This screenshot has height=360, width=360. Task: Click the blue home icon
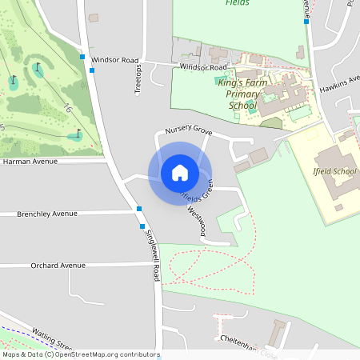(180, 173)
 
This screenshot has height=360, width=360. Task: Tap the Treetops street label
(138, 79)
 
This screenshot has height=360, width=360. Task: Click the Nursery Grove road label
(188, 130)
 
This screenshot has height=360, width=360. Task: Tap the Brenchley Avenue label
(48, 214)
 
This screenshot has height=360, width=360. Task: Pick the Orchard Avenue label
(58, 265)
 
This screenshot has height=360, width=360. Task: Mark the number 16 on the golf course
(67, 107)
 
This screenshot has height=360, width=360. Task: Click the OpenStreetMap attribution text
(80, 354)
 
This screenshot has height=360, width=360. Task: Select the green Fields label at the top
(237, 3)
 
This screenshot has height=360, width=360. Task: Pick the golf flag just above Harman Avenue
(78, 134)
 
